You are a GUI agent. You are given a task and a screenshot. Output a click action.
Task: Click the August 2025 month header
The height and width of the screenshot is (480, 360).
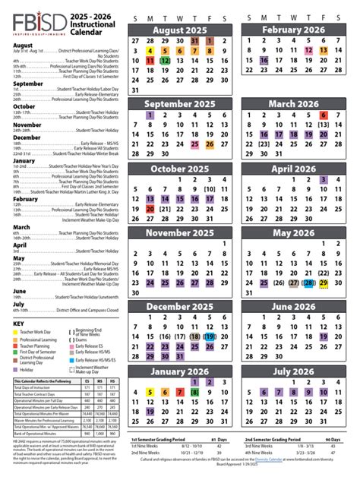(x=180, y=30)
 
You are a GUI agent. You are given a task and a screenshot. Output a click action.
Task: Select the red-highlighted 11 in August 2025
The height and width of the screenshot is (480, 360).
(x=150, y=60)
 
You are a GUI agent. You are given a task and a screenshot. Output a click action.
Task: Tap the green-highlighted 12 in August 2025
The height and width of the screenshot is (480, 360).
(x=165, y=60)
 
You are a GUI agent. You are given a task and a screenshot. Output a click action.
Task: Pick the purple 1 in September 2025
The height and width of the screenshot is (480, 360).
(x=150, y=115)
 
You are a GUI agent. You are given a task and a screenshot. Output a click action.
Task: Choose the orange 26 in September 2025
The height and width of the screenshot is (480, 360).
(x=209, y=144)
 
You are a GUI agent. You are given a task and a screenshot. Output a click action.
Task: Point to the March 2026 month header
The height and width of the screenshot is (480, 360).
(x=292, y=103)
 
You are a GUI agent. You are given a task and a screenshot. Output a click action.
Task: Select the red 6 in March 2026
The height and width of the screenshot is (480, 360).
(x=323, y=115)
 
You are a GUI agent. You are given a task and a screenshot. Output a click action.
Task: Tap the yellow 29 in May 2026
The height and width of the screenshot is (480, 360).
(x=323, y=283)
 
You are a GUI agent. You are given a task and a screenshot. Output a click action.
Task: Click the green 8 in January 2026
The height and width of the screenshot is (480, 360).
(x=194, y=371)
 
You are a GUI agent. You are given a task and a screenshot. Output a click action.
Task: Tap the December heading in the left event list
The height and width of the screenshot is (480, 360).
(x=27, y=137)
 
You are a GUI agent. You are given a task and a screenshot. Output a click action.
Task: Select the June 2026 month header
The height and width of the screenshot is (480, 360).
(x=292, y=306)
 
